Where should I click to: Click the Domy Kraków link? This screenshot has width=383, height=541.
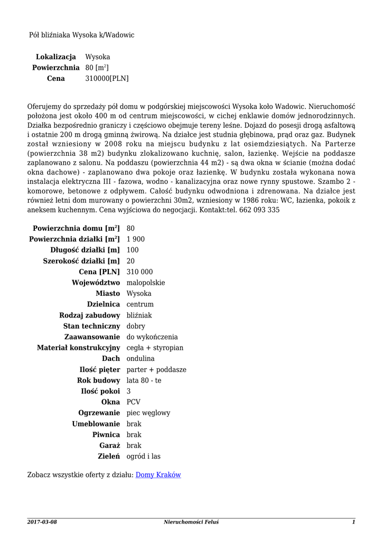(x=158, y=475)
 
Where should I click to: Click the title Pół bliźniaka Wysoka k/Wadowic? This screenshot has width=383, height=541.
(x=81, y=35)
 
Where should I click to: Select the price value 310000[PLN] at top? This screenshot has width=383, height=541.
(x=107, y=79)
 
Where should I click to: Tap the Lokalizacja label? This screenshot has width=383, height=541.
(x=56, y=57)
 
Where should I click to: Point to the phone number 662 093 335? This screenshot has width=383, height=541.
(x=259, y=210)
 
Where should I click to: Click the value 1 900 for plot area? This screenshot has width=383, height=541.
(x=136, y=239)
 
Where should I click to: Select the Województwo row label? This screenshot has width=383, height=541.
(x=96, y=283)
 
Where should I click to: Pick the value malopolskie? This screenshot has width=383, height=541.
(x=146, y=283)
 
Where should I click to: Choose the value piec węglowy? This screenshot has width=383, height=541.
(x=148, y=413)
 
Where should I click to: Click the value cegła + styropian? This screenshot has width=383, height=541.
(x=155, y=348)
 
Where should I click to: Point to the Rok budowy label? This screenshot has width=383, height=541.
(x=98, y=380)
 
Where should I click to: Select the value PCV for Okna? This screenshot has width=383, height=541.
(x=134, y=402)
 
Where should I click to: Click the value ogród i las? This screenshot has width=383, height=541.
(x=144, y=456)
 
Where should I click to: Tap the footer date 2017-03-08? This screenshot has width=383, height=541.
(x=42, y=522)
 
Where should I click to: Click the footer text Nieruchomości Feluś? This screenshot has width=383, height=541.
(x=191, y=522)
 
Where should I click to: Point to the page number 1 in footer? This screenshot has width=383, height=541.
(x=353, y=522)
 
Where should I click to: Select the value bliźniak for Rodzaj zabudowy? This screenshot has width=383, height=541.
(x=139, y=315)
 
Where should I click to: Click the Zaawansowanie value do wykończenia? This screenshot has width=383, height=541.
(x=152, y=337)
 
